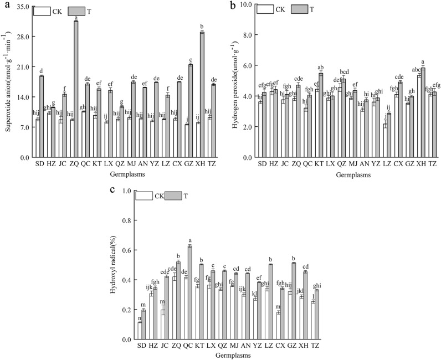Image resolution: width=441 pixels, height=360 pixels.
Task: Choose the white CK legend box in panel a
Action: pos(42,11)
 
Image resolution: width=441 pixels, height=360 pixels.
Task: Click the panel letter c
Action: pos(112,190)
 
